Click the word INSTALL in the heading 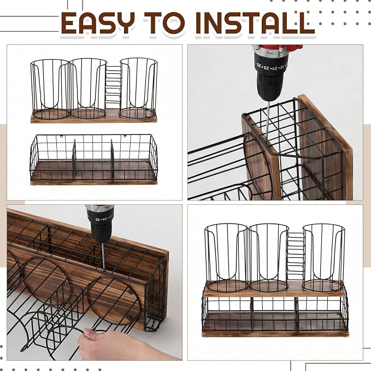(x=255, y=23)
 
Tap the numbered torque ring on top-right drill (x=272, y=65)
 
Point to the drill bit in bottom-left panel (x=103, y=256)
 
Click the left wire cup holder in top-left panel (x=50, y=89)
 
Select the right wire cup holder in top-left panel (x=138, y=88)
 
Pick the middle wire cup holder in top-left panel (x=88, y=89)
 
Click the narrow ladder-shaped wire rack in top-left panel (x=113, y=85)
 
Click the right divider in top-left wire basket (x=113, y=161)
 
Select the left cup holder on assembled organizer (x=226, y=258)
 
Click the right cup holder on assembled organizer (x=323, y=258)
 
